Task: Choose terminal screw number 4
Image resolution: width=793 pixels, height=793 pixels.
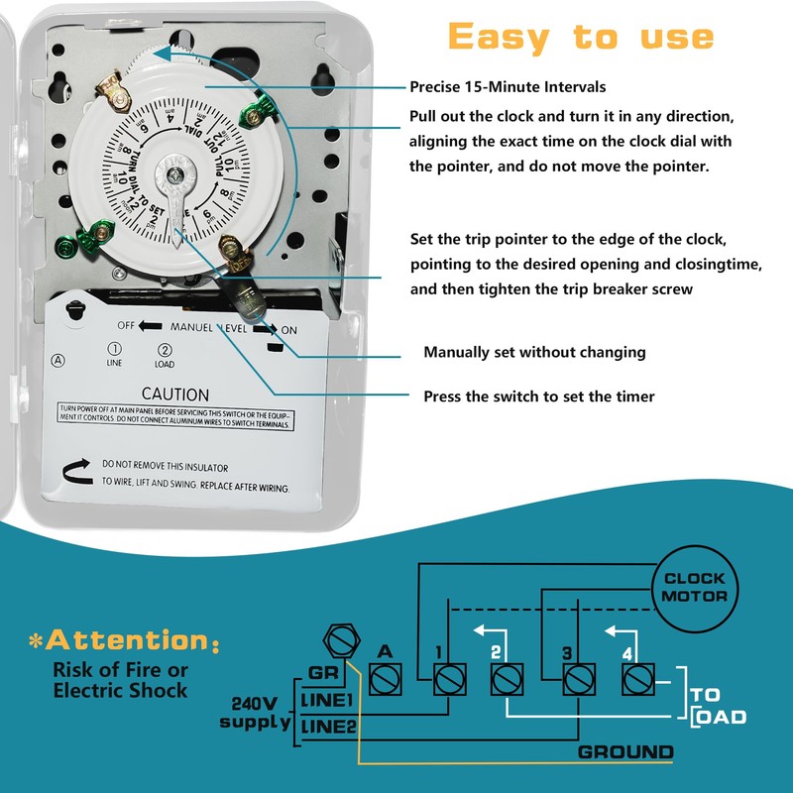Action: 635,680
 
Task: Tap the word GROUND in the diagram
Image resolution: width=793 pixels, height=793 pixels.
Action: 625,751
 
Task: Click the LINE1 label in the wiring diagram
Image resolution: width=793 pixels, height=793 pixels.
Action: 328,701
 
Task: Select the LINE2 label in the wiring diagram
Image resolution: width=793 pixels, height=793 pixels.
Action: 328,730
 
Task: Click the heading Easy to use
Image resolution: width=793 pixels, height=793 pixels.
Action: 581,37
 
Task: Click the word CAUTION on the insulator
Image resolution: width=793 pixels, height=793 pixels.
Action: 174,395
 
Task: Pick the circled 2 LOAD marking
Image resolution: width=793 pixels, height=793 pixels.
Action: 165,354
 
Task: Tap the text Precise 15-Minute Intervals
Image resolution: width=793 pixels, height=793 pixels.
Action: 508,87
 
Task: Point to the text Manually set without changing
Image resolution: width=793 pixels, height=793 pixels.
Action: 534,352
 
